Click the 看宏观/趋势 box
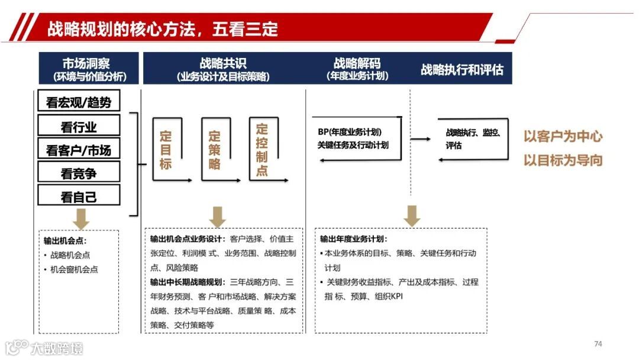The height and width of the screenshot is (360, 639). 79,101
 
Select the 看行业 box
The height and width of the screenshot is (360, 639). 79,126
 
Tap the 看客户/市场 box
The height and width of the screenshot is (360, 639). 79,149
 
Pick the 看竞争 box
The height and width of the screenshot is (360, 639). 79,172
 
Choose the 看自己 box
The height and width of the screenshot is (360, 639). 79,196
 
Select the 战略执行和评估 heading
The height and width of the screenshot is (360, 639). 462,69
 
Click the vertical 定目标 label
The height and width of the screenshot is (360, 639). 166,150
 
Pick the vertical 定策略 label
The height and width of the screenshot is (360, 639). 214,150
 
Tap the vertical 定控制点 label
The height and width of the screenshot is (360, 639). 262,150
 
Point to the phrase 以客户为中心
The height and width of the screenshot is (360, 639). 563,136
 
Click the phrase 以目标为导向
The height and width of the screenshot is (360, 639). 563,160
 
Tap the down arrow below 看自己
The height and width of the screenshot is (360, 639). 81,219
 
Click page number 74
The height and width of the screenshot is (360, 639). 598,343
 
